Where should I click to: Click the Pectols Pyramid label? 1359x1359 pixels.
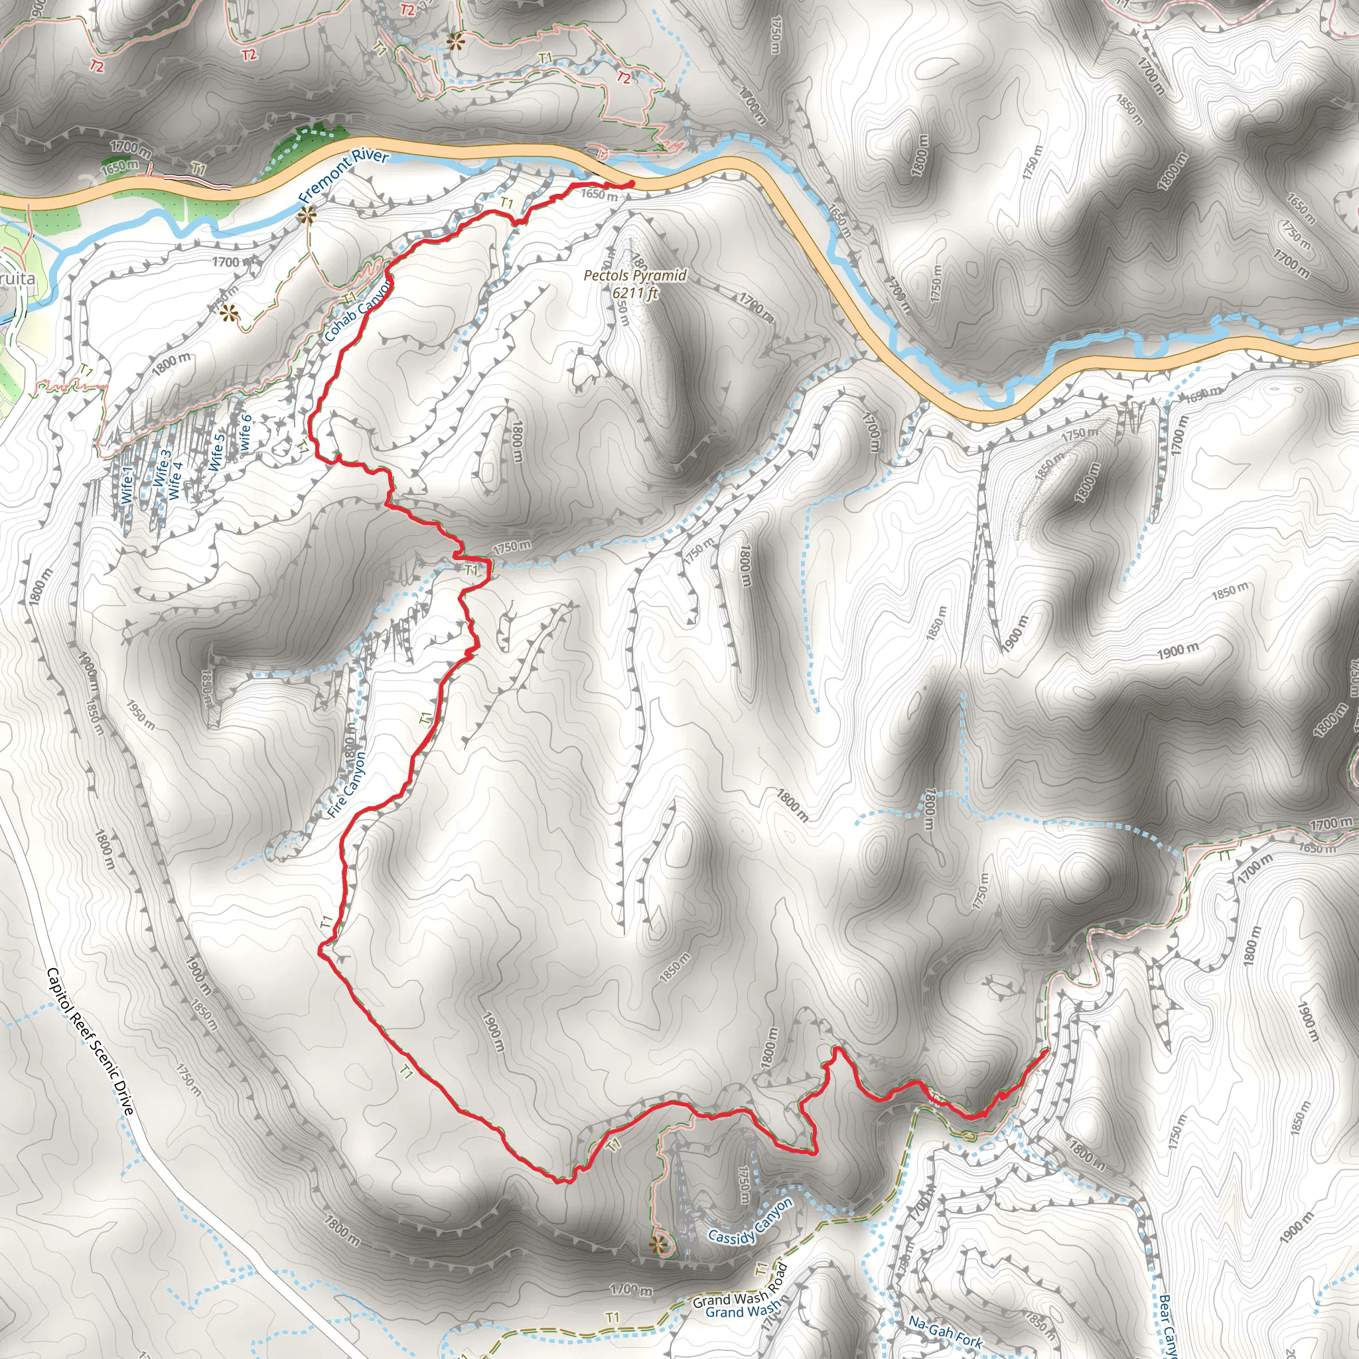coord(634,276)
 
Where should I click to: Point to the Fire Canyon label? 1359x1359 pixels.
coord(347,785)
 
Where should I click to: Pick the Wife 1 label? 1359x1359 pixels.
coord(127,485)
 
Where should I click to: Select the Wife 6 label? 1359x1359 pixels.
coord(245,432)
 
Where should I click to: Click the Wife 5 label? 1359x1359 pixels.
coord(216,452)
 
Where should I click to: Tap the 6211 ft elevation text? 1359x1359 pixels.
coord(634,293)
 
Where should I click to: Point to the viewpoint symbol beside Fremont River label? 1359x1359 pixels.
coord(306,215)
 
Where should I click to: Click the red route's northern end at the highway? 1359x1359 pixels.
coord(631,184)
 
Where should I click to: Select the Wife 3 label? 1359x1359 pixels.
coord(162,467)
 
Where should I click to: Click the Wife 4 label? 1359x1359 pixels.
coord(176,480)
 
